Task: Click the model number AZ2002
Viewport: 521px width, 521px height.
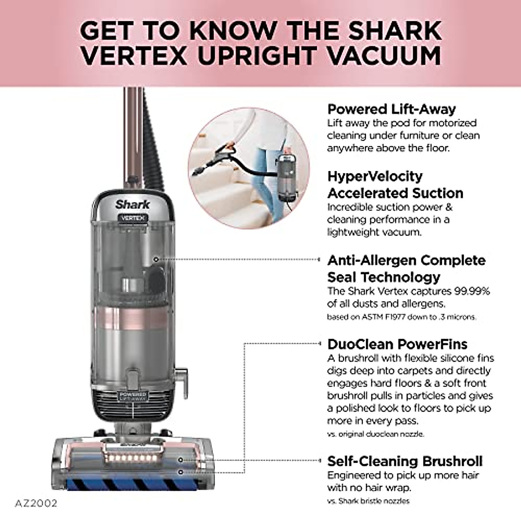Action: click(36, 504)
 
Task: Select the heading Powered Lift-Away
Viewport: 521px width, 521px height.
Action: click(391, 109)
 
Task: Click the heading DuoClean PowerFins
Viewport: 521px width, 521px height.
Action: click(397, 344)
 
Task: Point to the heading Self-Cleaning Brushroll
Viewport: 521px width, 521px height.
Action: click(405, 461)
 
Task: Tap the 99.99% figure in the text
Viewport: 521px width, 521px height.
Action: click(472, 291)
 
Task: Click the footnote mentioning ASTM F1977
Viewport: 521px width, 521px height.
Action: click(401, 317)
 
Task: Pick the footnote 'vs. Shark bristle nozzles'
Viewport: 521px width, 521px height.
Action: click(368, 501)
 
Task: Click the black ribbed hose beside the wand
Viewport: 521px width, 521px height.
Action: click(152, 143)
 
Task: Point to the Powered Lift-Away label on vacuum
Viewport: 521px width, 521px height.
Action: click(132, 396)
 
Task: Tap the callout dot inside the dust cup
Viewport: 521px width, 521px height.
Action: click(156, 259)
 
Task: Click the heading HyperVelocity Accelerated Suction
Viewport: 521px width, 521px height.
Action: click(395, 185)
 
